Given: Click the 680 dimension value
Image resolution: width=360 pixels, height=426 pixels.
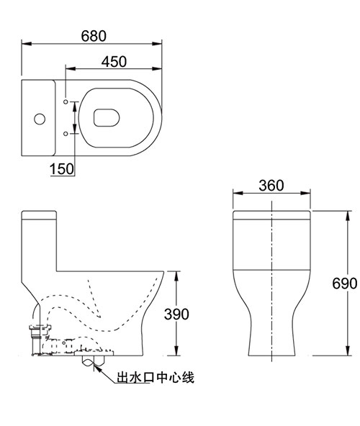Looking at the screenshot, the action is [x=94, y=36].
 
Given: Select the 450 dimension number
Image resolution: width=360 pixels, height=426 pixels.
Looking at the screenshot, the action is [x=114, y=62].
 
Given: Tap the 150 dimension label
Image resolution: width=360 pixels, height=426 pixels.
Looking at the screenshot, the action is [x=62, y=168].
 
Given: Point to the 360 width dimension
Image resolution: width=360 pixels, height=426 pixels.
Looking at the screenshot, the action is [x=271, y=185].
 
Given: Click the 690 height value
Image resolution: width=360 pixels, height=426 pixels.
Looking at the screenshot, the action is [x=344, y=284].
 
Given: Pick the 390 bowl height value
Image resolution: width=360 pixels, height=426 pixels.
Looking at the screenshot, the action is [x=176, y=314].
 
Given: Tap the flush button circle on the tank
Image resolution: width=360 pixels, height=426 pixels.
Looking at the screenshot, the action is [x=40, y=119].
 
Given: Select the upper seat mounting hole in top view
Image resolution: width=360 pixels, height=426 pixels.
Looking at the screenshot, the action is [x=66, y=101].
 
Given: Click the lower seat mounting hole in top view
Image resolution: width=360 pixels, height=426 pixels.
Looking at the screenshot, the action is [x=66, y=134].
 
